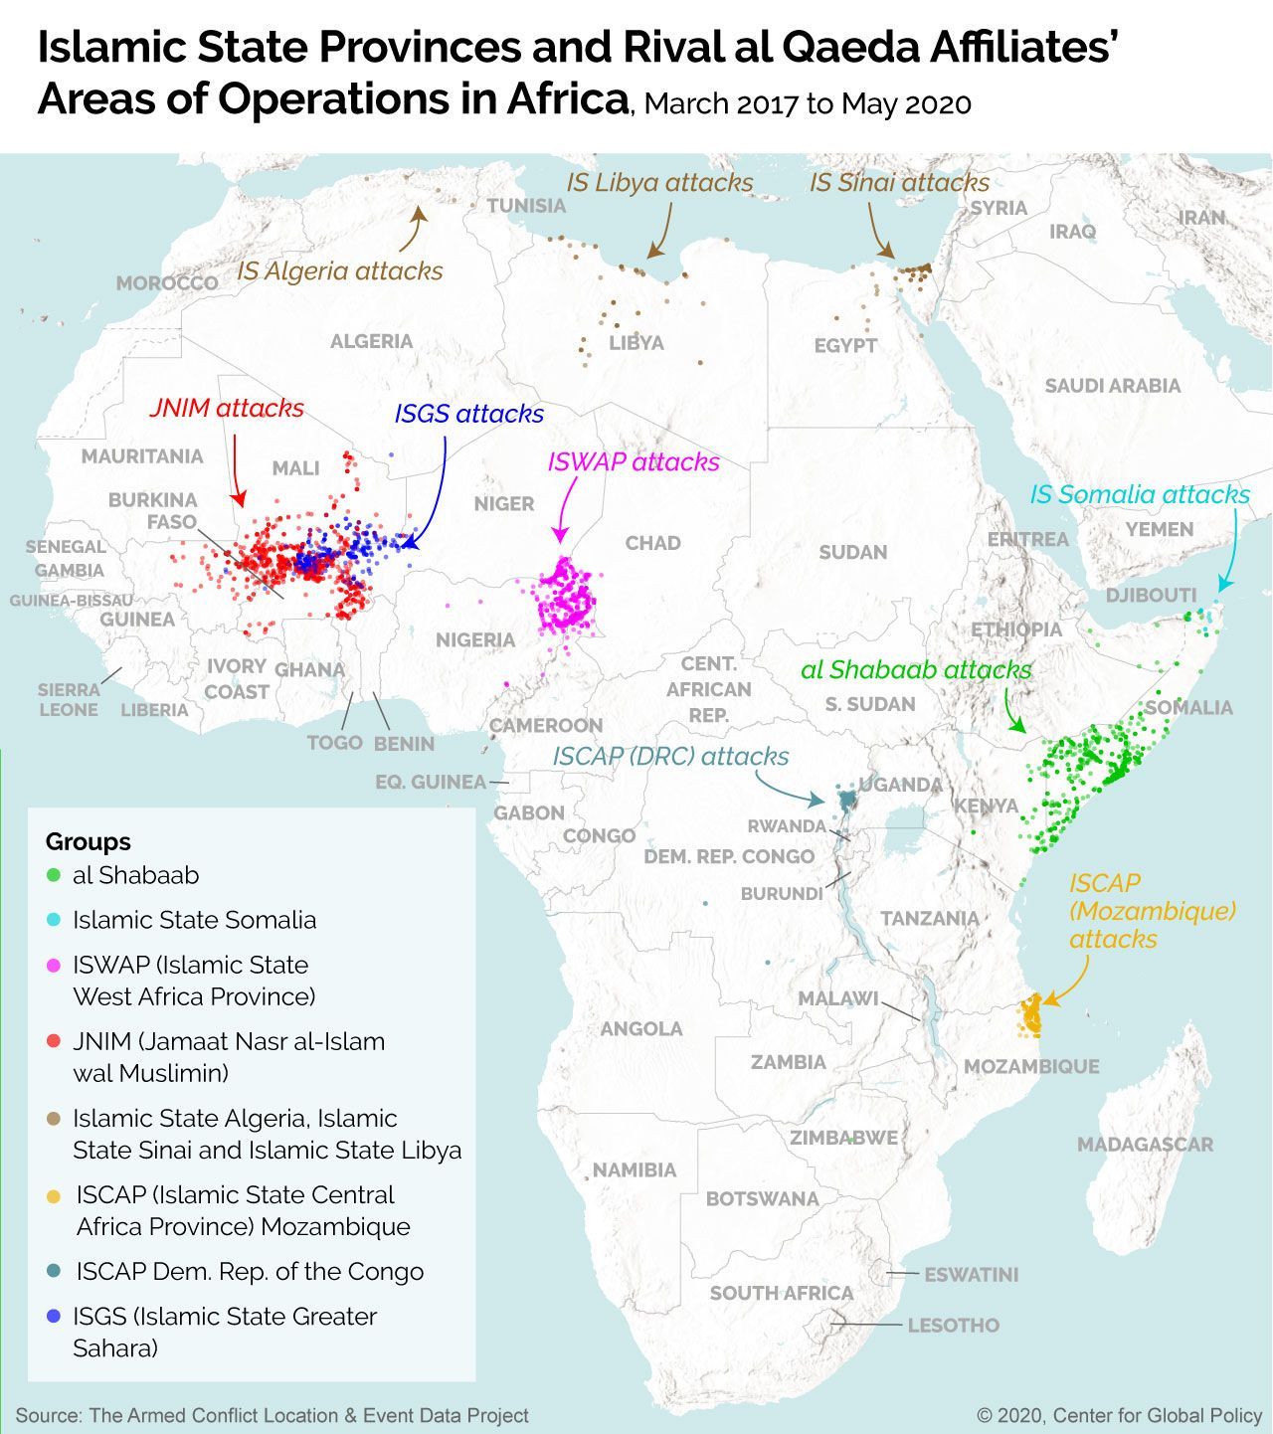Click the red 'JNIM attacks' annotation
(x=227, y=408)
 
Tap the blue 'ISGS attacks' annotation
(x=468, y=414)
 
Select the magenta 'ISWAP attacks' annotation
(x=633, y=462)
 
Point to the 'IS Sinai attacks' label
(x=899, y=182)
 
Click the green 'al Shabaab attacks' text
(x=916, y=670)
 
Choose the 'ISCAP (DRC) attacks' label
(x=670, y=757)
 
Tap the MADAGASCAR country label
(x=1145, y=1145)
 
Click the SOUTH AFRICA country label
(x=781, y=1293)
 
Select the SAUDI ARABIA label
(x=1112, y=386)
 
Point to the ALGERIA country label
(x=371, y=341)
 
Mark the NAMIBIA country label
(x=635, y=1170)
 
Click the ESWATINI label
(x=971, y=1275)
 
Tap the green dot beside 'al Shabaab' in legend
(x=54, y=876)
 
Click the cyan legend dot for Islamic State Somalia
(x=54, y=921)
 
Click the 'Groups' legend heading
(x=88, y=841)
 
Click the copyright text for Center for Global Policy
(x=1119, y=1415)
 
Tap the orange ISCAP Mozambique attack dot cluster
(x=1030, y=1017)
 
